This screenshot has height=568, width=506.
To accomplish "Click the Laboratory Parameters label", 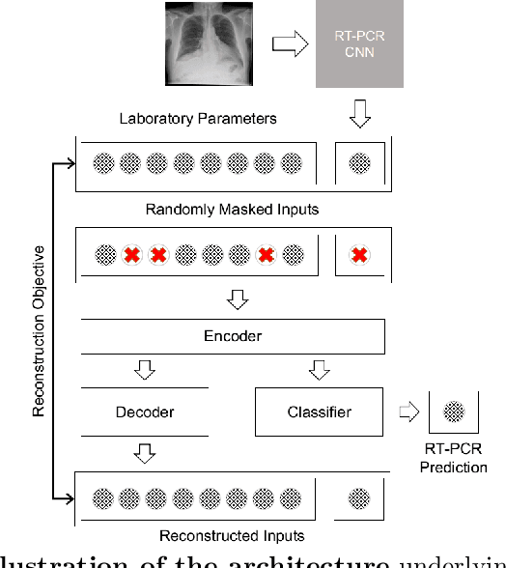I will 197,119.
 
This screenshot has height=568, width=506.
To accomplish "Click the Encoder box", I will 232,336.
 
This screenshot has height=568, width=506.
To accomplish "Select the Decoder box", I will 145,412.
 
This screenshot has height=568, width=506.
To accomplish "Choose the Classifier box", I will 319,412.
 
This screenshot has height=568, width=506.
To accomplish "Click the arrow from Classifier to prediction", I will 407,412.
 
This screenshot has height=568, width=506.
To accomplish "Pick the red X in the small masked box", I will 359,256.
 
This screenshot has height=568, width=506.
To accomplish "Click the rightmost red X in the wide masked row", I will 267,256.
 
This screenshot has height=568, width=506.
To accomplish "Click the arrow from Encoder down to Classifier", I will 319,371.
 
